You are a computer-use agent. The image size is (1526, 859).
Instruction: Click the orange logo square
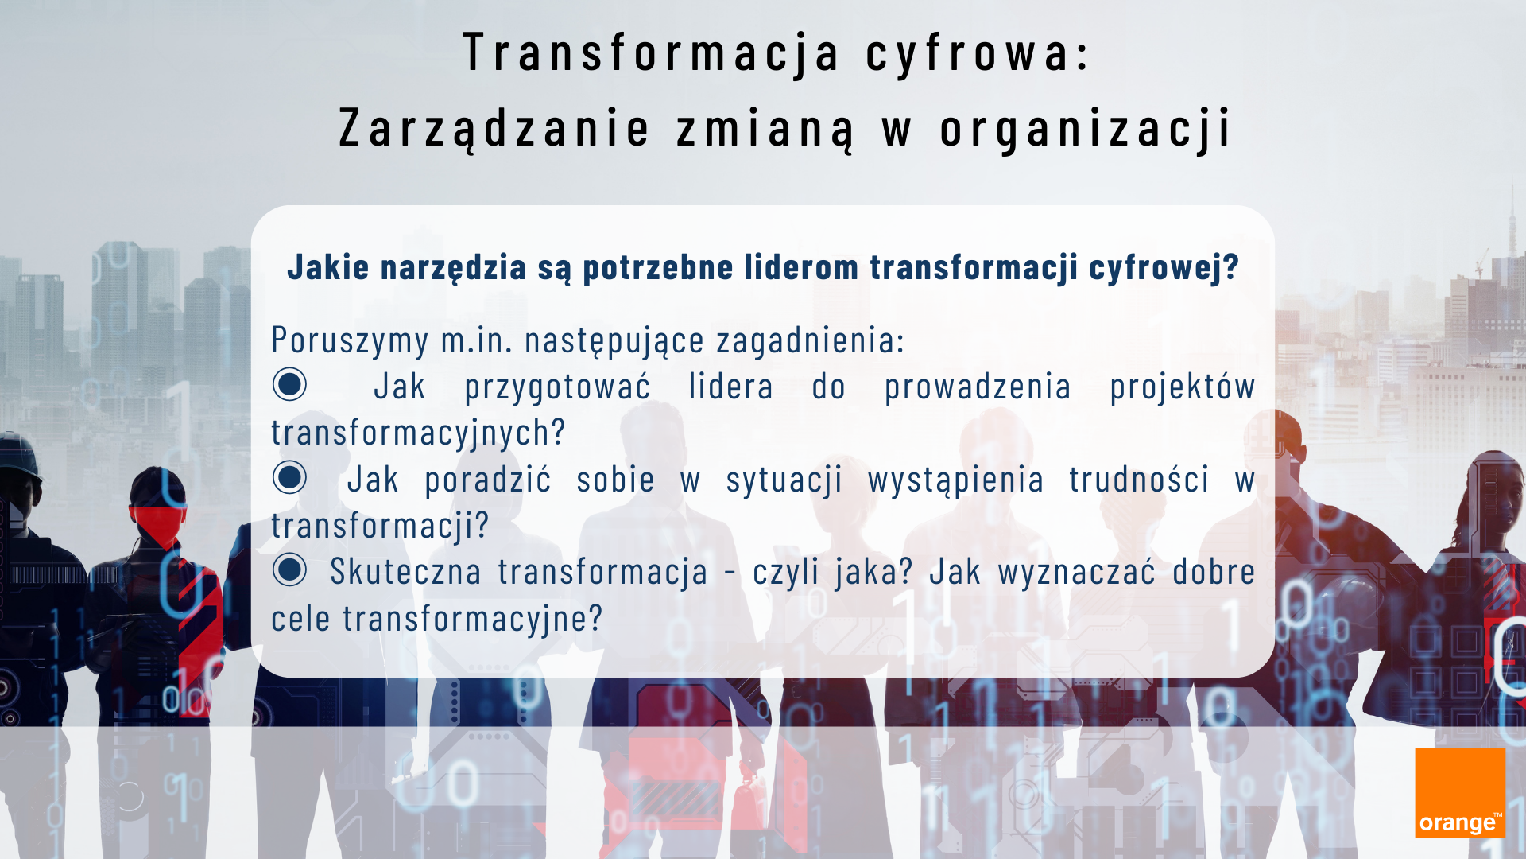[1460, 792]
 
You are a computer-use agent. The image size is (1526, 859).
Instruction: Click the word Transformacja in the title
[651, 52]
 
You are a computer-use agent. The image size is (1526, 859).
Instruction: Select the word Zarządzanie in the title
[494, 127]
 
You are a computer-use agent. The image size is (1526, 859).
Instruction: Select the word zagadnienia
[811, 340]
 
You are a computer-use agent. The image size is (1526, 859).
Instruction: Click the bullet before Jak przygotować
[289, 384]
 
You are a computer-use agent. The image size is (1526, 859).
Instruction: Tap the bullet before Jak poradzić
[289, 477]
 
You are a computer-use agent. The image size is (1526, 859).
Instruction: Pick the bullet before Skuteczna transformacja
[289, 570]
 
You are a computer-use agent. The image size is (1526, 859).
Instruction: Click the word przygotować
[557, 387]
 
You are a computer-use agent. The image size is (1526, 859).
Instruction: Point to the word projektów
[1183, 387]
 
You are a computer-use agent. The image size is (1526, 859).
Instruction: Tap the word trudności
[1139, 480]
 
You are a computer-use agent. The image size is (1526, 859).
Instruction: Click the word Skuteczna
[405, 572]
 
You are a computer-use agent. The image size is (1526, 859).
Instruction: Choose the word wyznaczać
[1077, 572]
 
